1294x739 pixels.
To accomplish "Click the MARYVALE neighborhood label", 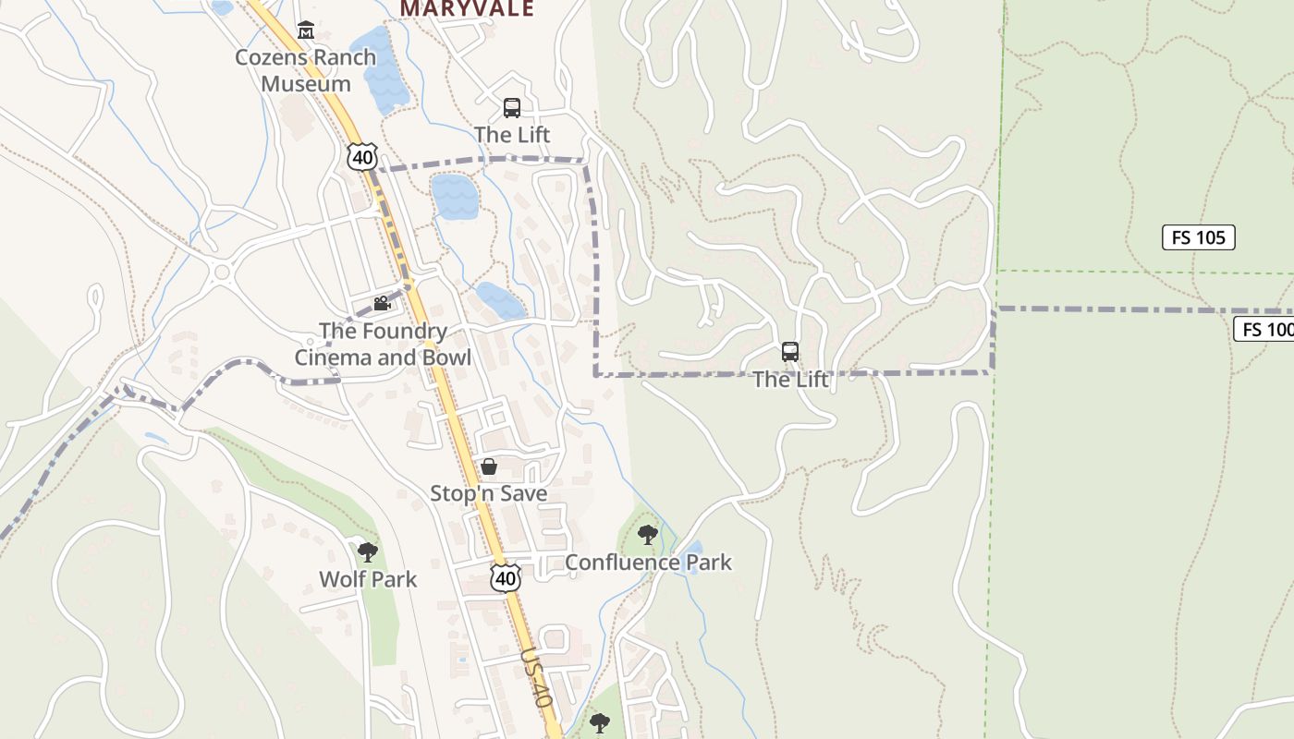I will coord(467,9).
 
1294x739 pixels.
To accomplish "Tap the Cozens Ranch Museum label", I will coord(305,70).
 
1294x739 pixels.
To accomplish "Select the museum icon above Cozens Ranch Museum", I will coord(305,30).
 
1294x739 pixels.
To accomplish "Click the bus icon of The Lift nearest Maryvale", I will coord(512,108).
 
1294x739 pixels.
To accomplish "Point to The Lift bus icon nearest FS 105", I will coord(790,352).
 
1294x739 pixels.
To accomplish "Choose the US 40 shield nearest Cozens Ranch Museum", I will coord(362,157).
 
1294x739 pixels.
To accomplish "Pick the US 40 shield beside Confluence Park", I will coord(505,578).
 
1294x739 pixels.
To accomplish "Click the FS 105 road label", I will coord(1198,237).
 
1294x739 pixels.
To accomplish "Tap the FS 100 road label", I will coord(1264,329).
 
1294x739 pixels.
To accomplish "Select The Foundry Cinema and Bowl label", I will coord(383,344).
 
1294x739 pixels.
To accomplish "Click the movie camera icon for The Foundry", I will coord(381,303).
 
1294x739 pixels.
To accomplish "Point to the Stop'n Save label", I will coord(488,493).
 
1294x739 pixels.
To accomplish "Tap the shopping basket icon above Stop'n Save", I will coord(489,466).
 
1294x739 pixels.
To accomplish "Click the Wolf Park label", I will coord(368,579).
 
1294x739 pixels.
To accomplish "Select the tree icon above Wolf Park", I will coord(368,552).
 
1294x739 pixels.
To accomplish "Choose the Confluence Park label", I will coord(648,562).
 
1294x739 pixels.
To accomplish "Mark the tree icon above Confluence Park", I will coord(648,534).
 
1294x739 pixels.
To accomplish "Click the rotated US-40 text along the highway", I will coord(536,677).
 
